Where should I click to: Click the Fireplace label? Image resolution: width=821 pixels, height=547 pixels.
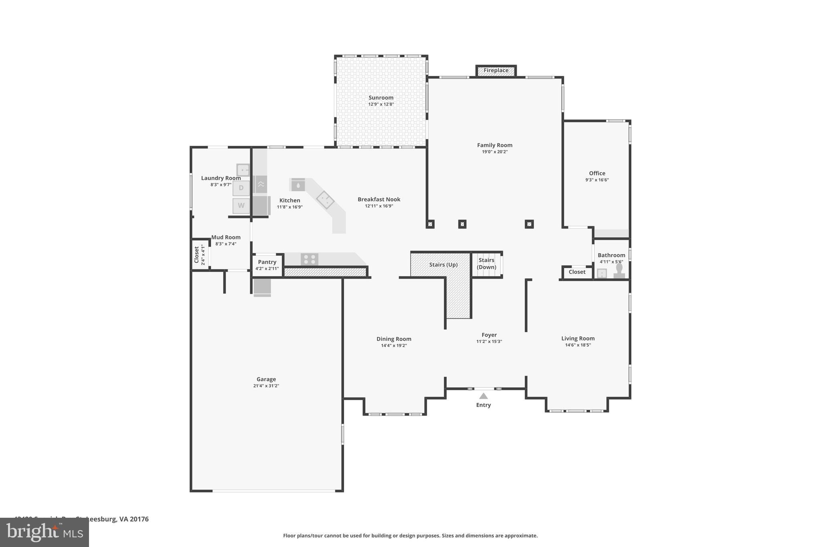(496, 71)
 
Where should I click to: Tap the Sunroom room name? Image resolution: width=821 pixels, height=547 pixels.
(381, 98)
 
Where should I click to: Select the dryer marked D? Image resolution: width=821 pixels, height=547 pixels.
(241, 188)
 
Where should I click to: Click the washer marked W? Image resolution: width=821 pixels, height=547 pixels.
(241, 206)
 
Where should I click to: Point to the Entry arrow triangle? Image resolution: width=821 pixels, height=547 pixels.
(483, 396)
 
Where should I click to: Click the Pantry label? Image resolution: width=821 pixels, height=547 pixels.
(267, 262)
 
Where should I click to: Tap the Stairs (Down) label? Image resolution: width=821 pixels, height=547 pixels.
(486, 264)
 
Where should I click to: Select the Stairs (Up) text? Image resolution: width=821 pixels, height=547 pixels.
(443, 265)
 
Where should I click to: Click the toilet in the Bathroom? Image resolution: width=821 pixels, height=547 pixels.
(619, 271)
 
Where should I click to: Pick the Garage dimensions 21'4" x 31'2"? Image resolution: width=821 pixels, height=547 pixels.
(266, 386)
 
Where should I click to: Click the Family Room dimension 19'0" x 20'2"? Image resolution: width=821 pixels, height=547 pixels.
(495, 152)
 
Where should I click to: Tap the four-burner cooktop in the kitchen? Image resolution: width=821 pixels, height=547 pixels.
(309, 259)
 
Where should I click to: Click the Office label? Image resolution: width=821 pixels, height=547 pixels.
(597, 174)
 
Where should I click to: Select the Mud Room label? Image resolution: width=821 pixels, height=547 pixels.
(226, 237)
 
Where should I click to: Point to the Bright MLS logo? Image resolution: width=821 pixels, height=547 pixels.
(44, 533)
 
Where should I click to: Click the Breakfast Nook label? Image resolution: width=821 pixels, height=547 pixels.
(379, 200)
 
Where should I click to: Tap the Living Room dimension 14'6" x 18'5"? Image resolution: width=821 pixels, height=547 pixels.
(578, 345)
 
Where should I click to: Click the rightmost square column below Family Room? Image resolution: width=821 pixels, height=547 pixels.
(529, 224)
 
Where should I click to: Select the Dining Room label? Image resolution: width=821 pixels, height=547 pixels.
(394, 339)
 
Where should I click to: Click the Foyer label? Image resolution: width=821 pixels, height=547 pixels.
(489, 335)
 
